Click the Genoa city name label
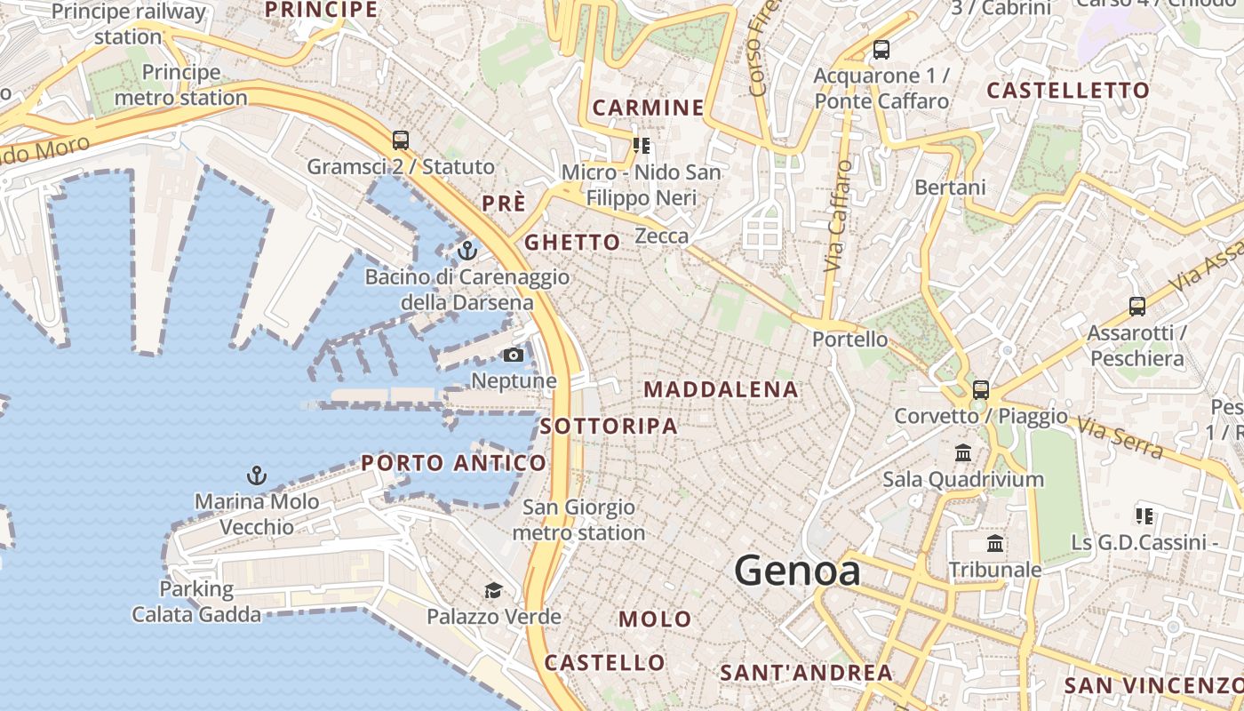tap(798, 571)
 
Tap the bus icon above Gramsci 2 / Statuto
tap(401, 140)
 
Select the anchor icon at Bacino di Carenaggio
tap(467, 251)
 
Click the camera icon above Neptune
tap(514, 355)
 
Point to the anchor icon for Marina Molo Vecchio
tap(256, 475)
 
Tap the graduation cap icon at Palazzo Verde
tap(493, 590)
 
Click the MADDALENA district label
tap(721, 389)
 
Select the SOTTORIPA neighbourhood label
tap(609, 426)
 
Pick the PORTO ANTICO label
tap(453, 463)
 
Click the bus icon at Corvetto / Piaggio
tap(981, 389)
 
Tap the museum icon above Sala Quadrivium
tap(963, 453)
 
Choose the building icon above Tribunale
tap(995, 543)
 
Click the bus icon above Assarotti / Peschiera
tap(1137, 307)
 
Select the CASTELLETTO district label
tap(1068, 90)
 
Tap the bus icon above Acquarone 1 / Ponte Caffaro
tap(881, 50)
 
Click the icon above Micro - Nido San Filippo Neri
tap(642, 145)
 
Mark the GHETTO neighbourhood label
tap(572, 242)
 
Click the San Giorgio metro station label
tap(578, 520)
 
